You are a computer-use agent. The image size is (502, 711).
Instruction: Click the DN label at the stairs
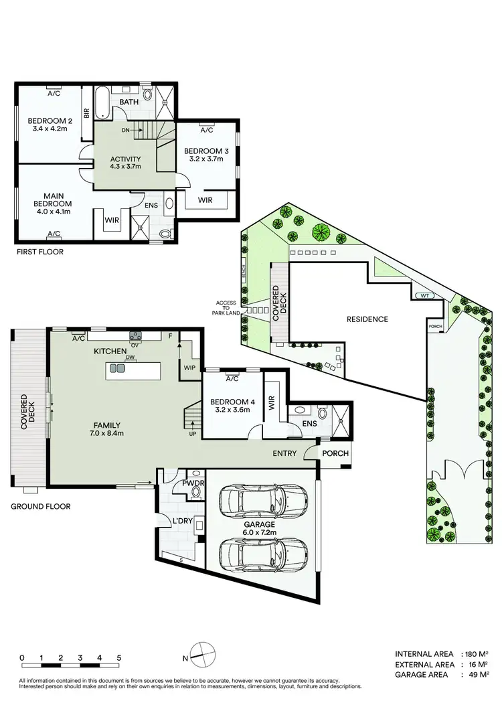pos(125,131)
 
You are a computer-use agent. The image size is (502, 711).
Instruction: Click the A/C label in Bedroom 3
pos(207,131)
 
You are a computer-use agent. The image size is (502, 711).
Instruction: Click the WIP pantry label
pos(189,368)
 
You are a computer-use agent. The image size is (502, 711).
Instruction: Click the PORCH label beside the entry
pos(335,453)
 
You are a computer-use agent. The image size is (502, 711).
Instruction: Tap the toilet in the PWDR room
pos(195,492)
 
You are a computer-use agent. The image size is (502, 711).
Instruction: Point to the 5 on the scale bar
pos(118,657)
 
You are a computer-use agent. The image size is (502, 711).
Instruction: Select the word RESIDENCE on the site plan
pos(367,319)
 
